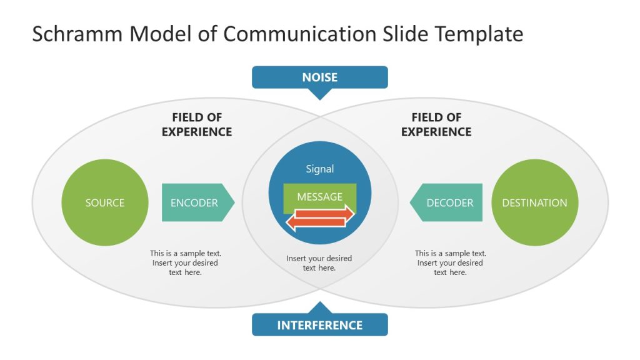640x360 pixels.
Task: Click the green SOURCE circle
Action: pyautogui.click(x=105, y=202)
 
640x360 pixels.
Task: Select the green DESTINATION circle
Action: pyautogui.click(x=534, y=202)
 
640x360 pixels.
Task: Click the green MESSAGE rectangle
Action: pyautogui.click(x=319, y=196)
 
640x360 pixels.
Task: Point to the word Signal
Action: pyautogui.click(x=319, y=169)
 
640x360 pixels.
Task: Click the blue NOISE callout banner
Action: pyautogui.click(x=319, y=77)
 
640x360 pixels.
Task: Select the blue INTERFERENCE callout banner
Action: pyautogui.click(x=319, y=325)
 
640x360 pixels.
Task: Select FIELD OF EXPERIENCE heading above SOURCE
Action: pyautogui.click(x=197, y=124)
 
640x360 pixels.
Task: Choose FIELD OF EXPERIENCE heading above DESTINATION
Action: pyautogui.click(x=436, y=124)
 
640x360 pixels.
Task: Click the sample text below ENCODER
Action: pyautogui.click(x=185, y=262)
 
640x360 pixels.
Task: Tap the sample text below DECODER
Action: pyautogui.click(x=450, y=262)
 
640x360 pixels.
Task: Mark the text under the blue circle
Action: pyautogui.click(x=319, y=262)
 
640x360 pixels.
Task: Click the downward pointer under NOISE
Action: pyautogui.click(x=320, y=94)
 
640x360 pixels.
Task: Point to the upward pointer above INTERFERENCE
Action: pyautogui.click(x=320, y=307)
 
